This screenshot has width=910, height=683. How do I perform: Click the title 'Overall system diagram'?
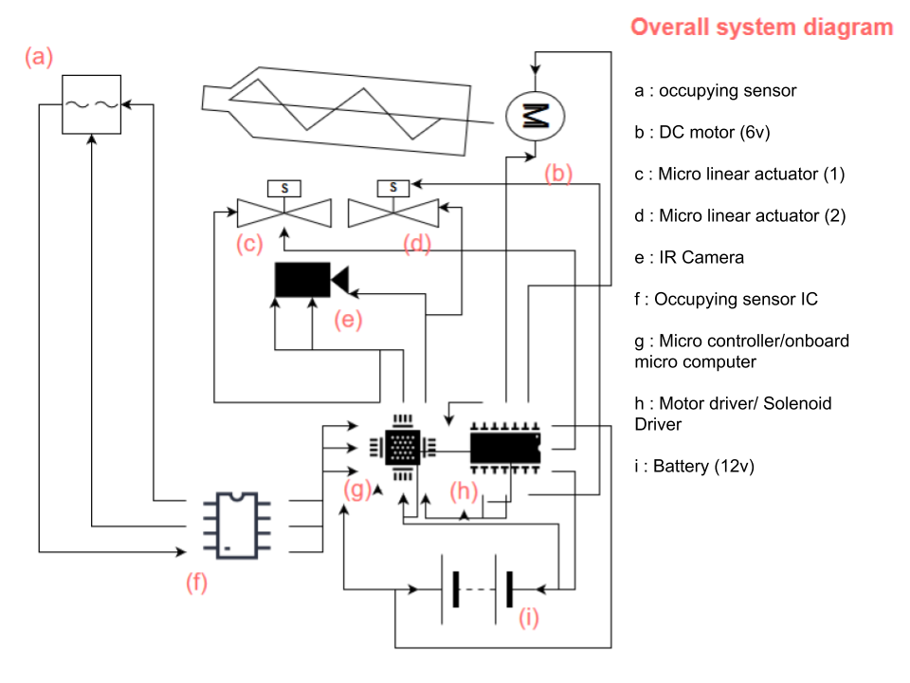click(x=761, y=28)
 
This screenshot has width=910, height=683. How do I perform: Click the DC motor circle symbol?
click(x=535, y=116)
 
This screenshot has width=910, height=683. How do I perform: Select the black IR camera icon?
click(x=312, y=279)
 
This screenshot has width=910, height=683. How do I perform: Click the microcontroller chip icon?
click(x=403, y=448)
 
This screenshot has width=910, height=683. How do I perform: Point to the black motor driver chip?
click(x=505, y=448)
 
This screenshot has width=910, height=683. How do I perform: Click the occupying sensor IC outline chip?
click(x=237, y=526)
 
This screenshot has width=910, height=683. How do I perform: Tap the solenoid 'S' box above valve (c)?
click(x=284, y=188)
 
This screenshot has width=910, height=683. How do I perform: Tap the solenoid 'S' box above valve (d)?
click(x=393, y=188)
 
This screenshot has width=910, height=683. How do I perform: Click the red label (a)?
click(x=39, y=57)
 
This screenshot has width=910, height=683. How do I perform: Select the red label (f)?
click(x=197, y=581)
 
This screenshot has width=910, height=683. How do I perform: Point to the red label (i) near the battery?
click(x=529, y=618)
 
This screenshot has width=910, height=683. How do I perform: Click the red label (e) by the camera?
click(x=348, y=320)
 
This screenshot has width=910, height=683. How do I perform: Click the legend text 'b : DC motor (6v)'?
click(x=702, y=133)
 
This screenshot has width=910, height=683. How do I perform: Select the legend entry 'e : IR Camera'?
click(x=689, y=257)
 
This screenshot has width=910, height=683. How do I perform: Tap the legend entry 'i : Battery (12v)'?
click(x=695, y=467)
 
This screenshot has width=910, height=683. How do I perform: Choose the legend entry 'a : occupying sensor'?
click(x=716, y=91)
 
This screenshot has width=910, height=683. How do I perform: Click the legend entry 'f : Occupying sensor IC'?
click(x=726, y=299)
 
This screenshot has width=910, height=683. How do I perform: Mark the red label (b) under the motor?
click(x=558, y=173)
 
